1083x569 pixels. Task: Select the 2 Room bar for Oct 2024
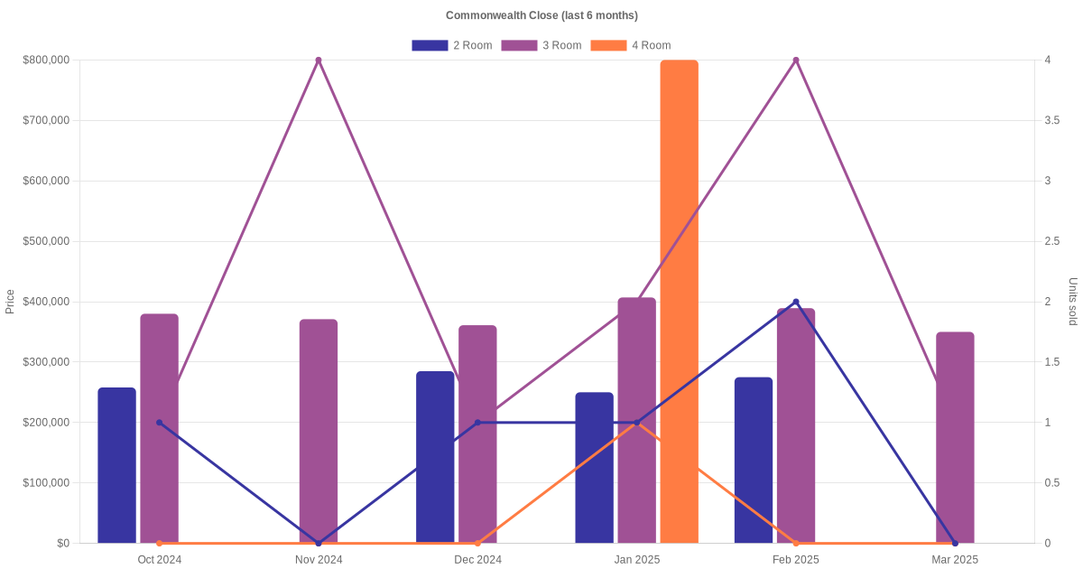[x=116, y=465]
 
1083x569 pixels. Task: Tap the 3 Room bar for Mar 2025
[x=955, y=437]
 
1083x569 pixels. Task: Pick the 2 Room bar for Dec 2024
[x=435, y=457]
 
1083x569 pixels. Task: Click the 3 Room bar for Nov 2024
[x=319, y=431]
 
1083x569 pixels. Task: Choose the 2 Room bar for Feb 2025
[x=754, y=460]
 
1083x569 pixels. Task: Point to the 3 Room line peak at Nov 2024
[x=319, y=61]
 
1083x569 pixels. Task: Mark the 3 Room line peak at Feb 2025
[x=796, y=61]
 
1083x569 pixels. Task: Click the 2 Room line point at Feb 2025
[x=796, y=302]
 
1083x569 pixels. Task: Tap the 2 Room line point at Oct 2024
[x=160, y=423]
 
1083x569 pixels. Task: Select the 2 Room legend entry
[x=451, y=45]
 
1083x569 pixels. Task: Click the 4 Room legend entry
[x=630, y=45]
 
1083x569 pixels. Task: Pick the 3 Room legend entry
[x=541, y=45]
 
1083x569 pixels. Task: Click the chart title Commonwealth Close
[x=541, y=15]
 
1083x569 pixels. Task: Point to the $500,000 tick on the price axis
[x=46, y=241]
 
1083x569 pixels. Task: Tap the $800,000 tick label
[x=46, y=61]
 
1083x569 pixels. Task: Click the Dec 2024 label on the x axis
[x=477, y=560]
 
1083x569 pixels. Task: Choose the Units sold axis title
[x=1072, y=302]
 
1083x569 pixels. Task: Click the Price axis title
[x=10, y=302]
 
